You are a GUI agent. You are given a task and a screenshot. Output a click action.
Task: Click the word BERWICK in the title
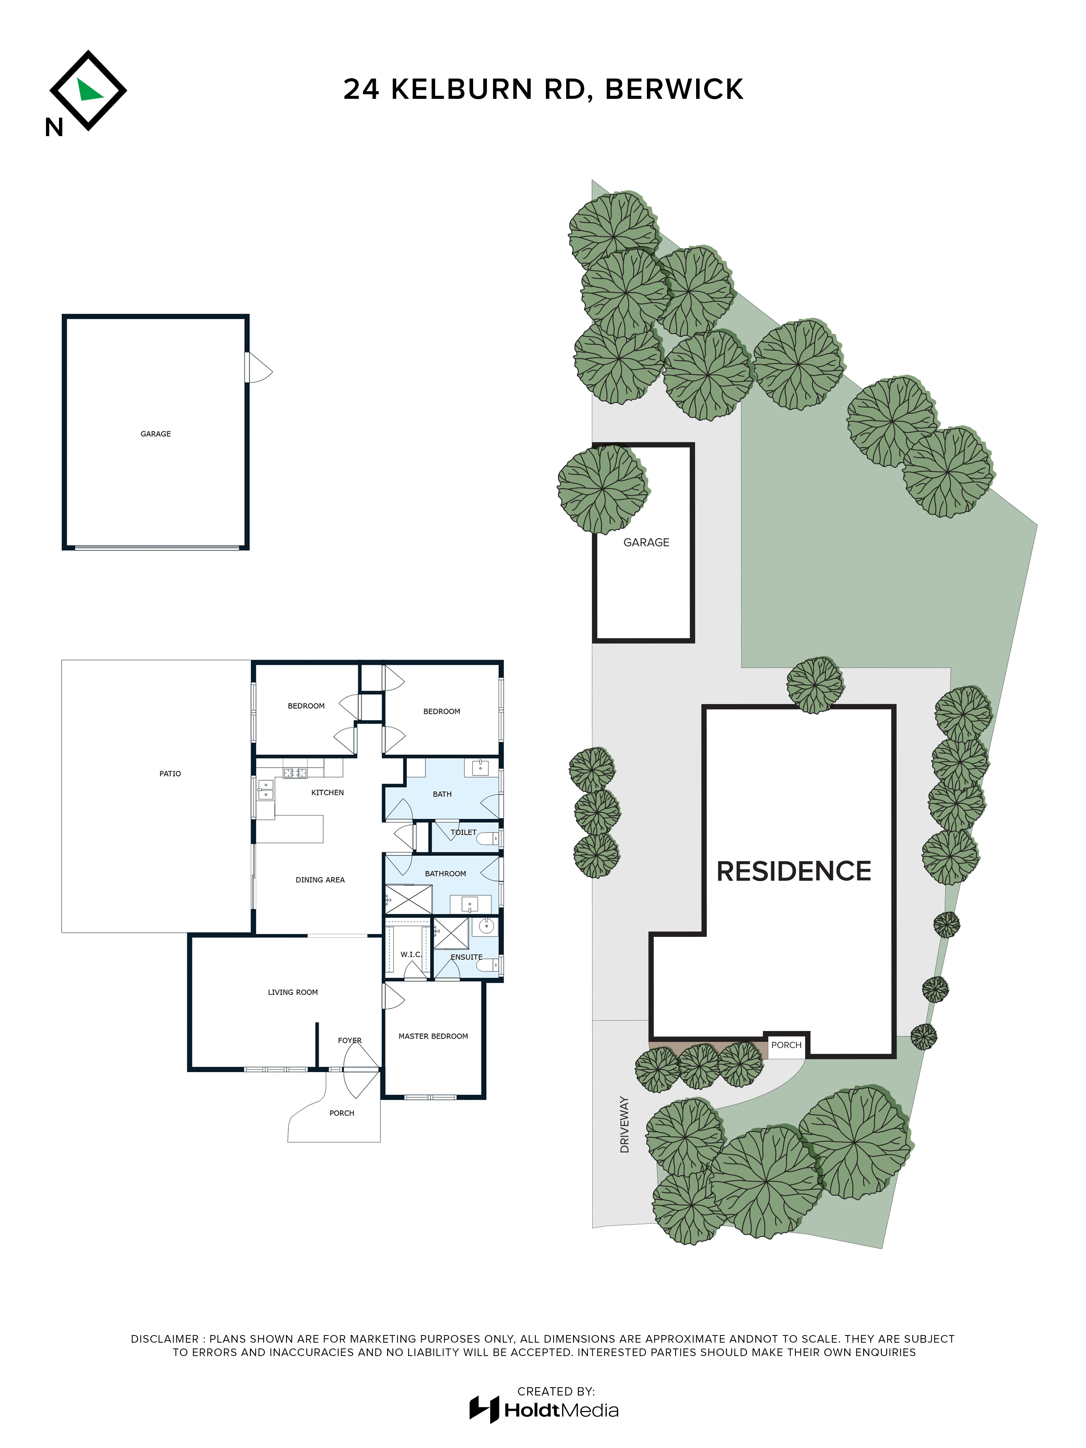pos(674,89)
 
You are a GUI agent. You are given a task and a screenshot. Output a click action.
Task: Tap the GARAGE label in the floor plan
pos(156,434)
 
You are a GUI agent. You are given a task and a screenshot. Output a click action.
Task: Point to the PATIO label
pos(170,774)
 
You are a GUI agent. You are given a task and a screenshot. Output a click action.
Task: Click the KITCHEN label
pos(327,793)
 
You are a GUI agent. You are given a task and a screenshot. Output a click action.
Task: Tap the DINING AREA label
pos(320,880)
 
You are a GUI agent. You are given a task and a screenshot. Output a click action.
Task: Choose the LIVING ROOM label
pos(292,992)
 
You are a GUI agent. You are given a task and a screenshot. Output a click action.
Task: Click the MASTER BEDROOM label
pos(433,1036)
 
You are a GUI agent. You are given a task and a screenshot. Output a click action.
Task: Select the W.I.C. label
pos(411,955)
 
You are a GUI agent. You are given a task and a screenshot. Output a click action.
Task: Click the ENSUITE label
pos(467,957)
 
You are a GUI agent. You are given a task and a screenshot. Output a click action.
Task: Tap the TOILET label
pos(463,832)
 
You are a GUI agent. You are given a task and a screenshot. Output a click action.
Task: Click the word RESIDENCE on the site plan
pos(794,871)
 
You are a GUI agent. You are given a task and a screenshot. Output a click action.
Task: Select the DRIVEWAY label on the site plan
pos(624,1125)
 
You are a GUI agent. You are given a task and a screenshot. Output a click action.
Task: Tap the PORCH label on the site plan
pos(786,1045)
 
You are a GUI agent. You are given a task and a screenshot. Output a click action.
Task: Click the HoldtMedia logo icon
pos(484,1409)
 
